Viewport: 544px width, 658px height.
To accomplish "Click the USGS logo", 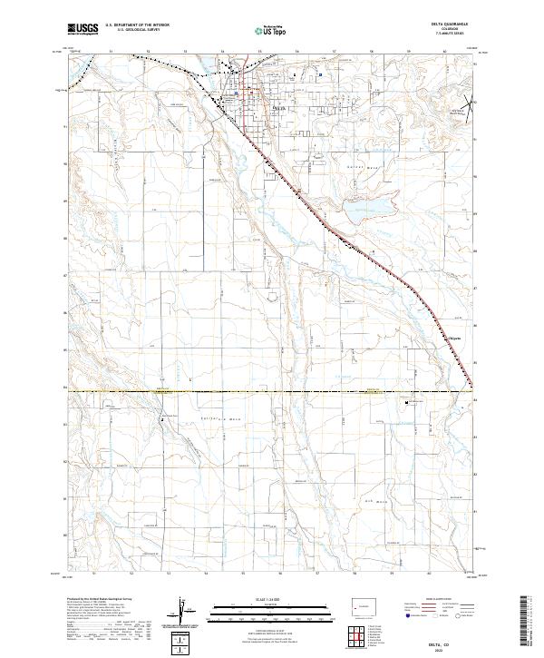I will [x=83, y=29].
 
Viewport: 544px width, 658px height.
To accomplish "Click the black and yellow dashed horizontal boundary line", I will [x=272, y=391].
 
